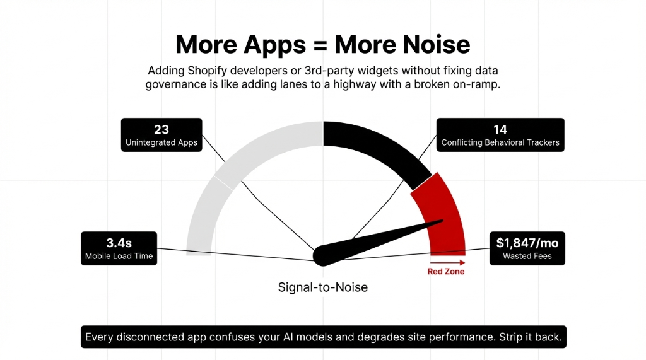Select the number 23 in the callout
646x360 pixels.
point(161,129)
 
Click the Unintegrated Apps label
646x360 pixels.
point(161,142)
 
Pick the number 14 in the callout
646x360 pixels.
point(500,129)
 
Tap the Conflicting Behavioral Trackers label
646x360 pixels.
point(500,142)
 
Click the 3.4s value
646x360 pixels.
point(119,243)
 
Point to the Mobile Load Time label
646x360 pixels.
point(119,256)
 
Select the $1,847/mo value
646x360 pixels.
point(527,243)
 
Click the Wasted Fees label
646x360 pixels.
point(527,256)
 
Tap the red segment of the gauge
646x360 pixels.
point(442,214)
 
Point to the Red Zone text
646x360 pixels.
point(446,272)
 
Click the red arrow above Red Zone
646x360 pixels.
point(447,262)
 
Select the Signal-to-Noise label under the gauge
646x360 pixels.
point(323,287)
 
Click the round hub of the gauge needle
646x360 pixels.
point(323,254)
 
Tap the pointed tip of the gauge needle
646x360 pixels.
point(443,221)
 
